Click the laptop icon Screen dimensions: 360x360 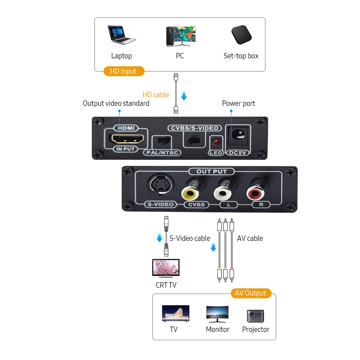(x=122, y=35)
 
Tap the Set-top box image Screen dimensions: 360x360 (x=241, y=35)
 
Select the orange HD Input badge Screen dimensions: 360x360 (x=124, y=71)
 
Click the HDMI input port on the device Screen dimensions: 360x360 (x=128, y=138)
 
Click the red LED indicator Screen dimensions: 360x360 (x=216, y=142)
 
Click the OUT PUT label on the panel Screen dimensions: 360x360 (x=212, y=172)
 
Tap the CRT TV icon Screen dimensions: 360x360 (x=166, y=269)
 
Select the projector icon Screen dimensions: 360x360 (x=255, y=315)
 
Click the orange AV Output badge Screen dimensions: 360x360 (x=251, y=293)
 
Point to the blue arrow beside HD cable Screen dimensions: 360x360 (x=184, y=96)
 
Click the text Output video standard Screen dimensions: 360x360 (x=116, y=103)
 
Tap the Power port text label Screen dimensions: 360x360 (x=238, y=103)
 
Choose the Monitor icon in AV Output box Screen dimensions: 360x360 (x=217, y=314)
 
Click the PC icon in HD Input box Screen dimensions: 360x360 (x=180, y=36)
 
